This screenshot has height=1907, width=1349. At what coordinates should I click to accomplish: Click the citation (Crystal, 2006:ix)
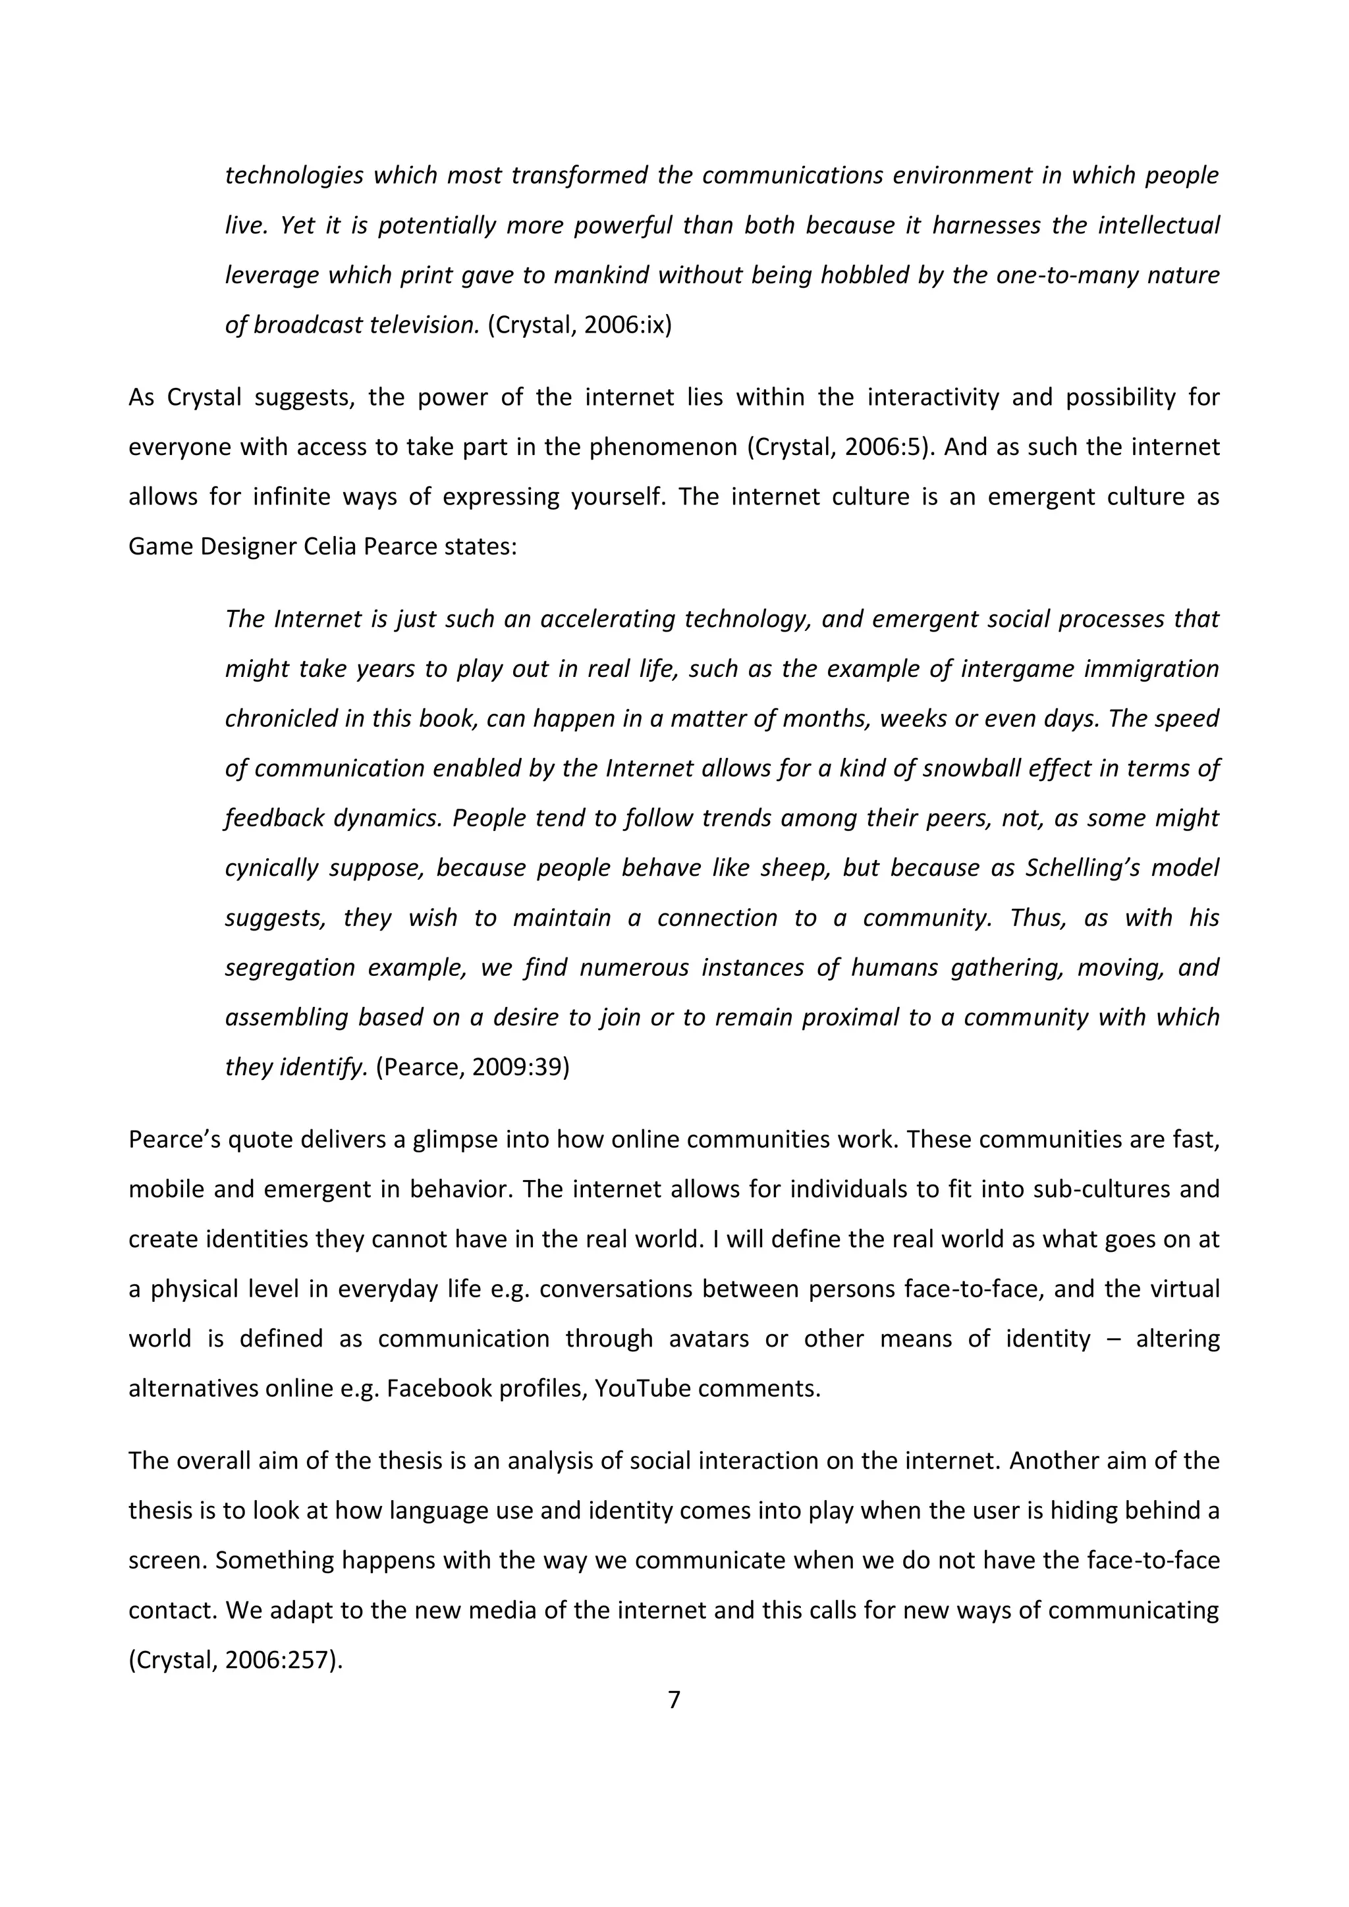tap(579, 325)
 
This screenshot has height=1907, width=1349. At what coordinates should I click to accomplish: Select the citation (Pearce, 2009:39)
tap(473, 1067)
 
